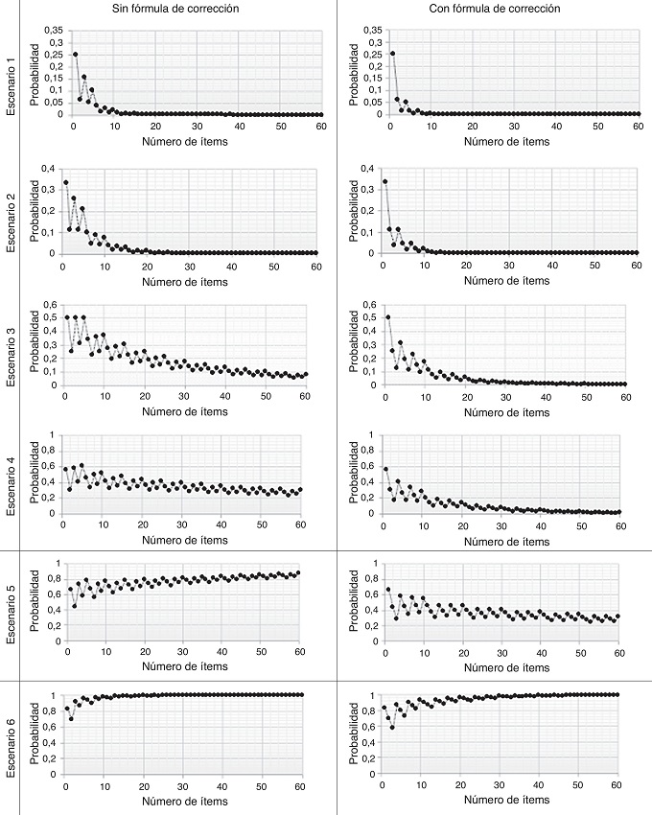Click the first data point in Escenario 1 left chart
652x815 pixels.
[x=76, y=54]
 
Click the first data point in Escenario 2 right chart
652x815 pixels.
[x=385, y=181]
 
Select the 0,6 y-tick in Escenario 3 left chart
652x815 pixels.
[x=49, y=305]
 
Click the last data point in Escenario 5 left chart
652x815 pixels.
[x=299, y=572]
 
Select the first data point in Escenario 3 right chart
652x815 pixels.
[x=386, y=316]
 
